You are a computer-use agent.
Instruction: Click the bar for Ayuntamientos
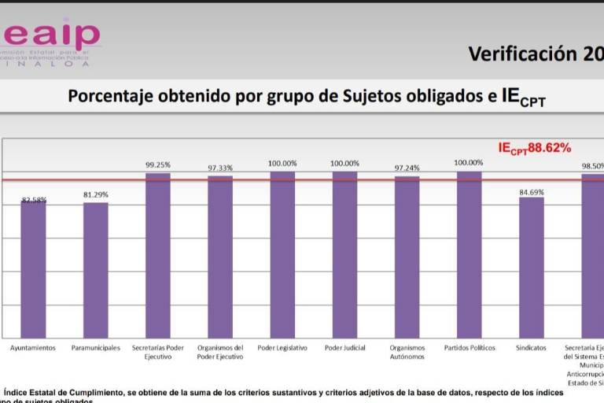tap(33, 269)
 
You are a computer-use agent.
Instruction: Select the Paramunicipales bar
tap(96, 270)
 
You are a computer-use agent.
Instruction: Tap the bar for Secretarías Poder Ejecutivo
tap(158, 255)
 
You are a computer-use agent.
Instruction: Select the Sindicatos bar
tap(532, 267)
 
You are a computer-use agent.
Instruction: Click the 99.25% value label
tap(158, 165)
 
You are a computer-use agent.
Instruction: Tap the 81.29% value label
tap(96, 194)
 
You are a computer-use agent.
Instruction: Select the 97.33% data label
tap(220, 168)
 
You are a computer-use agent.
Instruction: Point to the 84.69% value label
tap(532, 189)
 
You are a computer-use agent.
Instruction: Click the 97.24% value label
tap(407, 168)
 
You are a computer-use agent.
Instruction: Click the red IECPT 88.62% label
tap(534, 148)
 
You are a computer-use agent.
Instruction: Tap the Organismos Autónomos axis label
tap(407, 352)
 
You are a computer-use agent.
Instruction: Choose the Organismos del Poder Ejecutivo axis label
tap(220, 352)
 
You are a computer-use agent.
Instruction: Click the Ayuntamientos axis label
tap(33, 348)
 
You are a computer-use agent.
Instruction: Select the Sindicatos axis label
tap(532, 348)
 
